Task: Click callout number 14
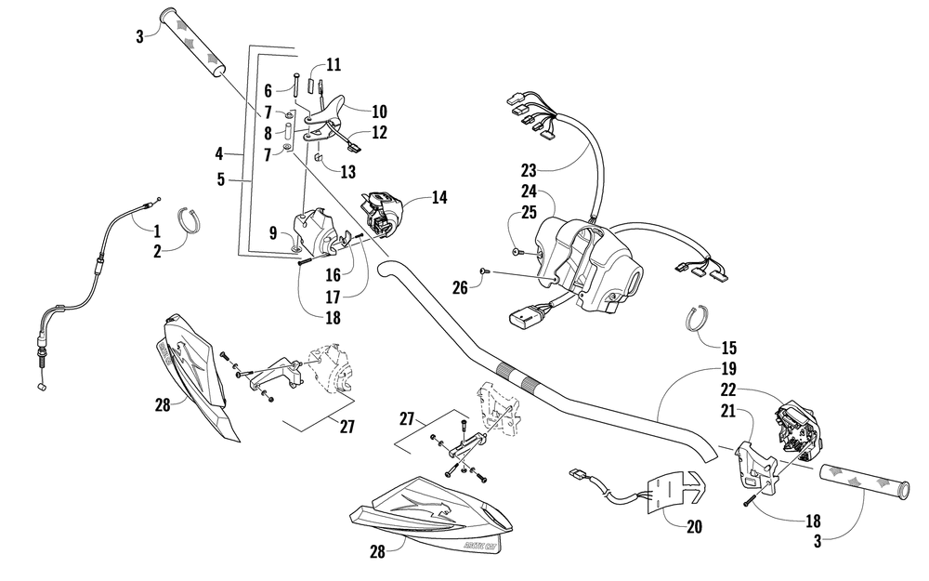[439, 197]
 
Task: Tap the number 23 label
[529, 171]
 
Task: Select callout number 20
[694, 526]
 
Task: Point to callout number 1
[156, 231]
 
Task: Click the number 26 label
[460, 288]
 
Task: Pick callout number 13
[347, 172]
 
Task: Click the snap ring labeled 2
[190, 218]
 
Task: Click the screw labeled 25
[517, 253]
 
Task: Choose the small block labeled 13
[318, 157]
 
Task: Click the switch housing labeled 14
[382, 212]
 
